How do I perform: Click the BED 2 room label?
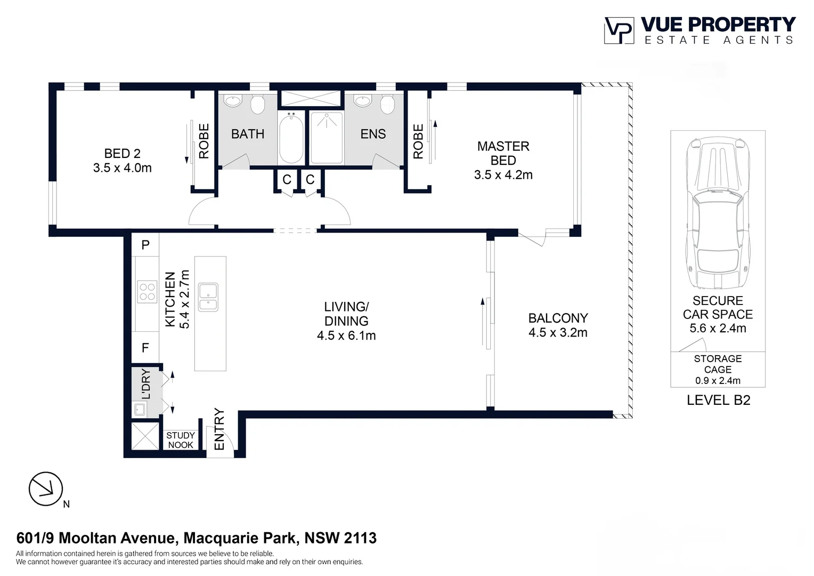122,154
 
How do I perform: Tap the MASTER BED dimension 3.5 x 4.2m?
503,175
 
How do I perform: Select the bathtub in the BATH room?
291,138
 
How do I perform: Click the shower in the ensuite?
326,138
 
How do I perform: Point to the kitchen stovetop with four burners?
147,292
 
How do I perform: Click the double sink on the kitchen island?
208,297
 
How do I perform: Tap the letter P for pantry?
145,245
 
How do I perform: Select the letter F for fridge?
145,348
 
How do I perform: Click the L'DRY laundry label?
145,384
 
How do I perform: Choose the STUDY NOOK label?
181,440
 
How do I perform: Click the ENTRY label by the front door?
219,429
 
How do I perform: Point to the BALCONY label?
558,318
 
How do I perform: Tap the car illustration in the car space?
717,213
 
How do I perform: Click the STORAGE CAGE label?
718,364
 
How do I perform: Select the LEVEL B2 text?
718,401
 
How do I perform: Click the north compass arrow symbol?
46,489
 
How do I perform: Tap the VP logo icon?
618,30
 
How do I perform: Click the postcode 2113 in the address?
360,538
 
